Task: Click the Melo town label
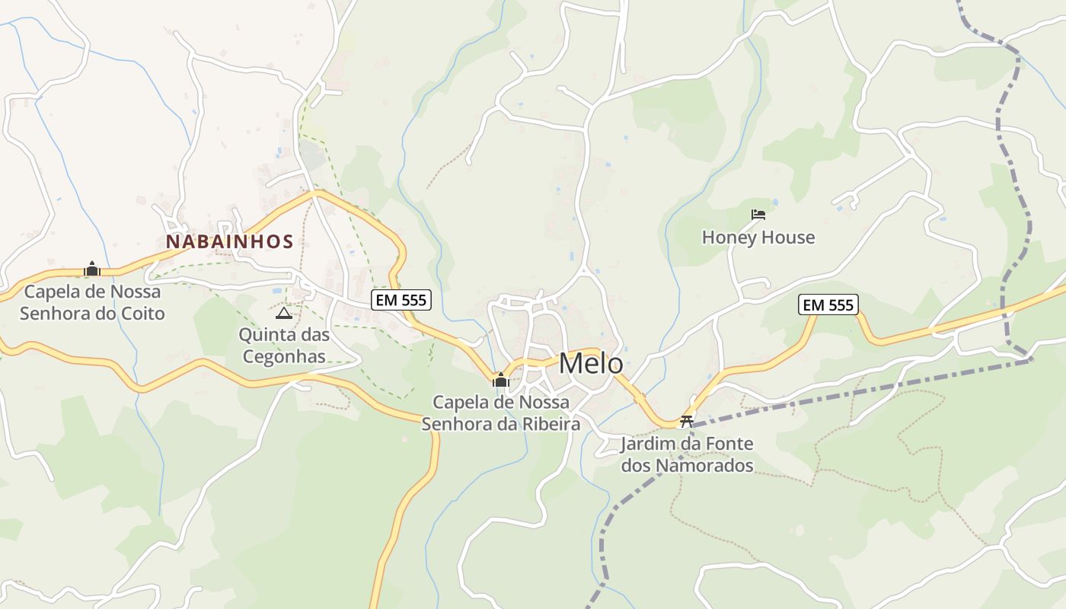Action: [x=591, y=364]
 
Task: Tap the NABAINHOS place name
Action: [x=230, y=241]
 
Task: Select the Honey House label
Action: [x=758, y=238]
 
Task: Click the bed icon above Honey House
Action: [x=758, y=215]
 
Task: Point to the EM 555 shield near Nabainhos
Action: [x=401, y=300]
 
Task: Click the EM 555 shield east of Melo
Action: [x=828, y=305]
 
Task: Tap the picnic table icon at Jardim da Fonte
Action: [x=687, y=421]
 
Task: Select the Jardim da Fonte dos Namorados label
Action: [x=687, y=454]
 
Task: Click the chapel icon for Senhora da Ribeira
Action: [x=501, y=380]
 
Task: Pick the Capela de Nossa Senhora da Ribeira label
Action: [x=501, y=413]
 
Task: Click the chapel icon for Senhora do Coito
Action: [x=92, y=269]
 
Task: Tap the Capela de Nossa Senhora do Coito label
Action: [x=92, y=302]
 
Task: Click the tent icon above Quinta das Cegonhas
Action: [x=283, y=313]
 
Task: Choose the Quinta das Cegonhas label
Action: [x=283, y=346]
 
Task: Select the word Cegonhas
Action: [x=283, y=356]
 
